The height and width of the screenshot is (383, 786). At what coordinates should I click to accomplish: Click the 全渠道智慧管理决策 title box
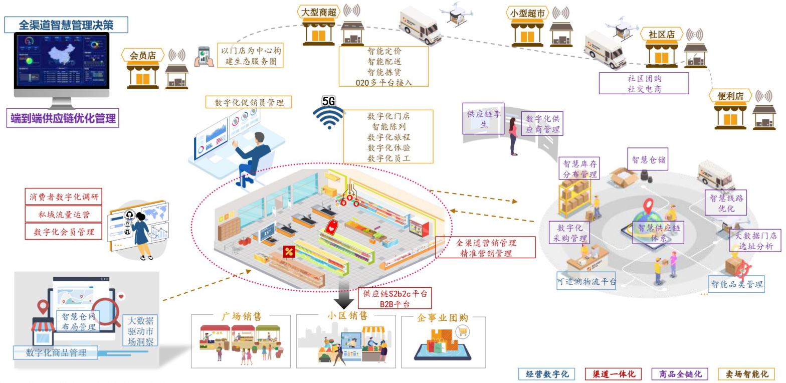coord(66,24)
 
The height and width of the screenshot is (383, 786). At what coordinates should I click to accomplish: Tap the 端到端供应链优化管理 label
coord(63,119)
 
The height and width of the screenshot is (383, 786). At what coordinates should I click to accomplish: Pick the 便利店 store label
coord(730,96)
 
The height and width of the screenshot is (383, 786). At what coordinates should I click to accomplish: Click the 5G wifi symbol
coord(328,113)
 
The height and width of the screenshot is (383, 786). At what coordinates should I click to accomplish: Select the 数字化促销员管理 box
coord(249,102)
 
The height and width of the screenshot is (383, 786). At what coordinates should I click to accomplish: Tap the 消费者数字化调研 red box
coord(63,197)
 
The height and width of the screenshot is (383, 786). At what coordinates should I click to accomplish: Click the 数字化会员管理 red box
coord(63,232)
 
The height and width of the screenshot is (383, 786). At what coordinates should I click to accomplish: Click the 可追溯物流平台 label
coord(586,281)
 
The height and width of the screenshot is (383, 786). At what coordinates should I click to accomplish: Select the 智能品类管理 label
coord(736,285)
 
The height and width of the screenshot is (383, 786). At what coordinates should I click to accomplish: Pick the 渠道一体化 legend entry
coord(613,374)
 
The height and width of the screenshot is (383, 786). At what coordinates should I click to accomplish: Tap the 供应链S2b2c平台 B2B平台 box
coord(395,299)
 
